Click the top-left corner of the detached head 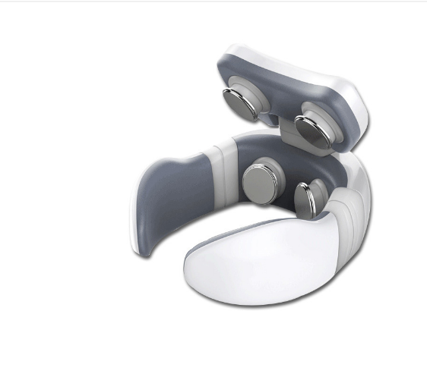(x=228, y=55)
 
